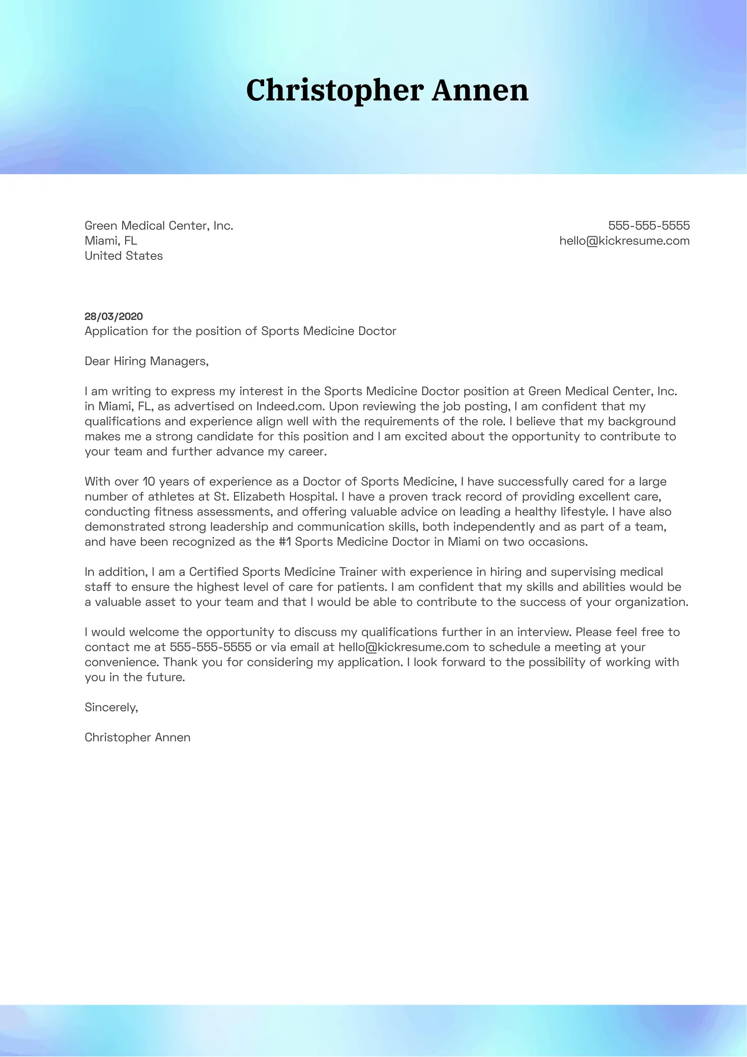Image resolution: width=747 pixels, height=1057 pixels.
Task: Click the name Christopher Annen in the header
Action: point(387,90)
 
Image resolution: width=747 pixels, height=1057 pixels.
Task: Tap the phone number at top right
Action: point(649,226)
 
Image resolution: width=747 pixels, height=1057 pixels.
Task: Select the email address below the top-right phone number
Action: point(624,241)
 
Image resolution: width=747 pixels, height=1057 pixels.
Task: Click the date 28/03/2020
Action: point(113,316)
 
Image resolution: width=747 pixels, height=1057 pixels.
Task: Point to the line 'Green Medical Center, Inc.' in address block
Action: point(159,226)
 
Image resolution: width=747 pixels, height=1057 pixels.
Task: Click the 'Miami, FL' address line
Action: point(110,241)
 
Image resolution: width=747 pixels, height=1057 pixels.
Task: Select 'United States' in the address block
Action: point(124,256)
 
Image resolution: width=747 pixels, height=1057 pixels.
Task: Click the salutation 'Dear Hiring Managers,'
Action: point(147,361)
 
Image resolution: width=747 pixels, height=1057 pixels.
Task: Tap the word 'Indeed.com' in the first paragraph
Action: point(289,406)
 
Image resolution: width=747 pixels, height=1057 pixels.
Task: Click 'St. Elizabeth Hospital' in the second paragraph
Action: point(274,496)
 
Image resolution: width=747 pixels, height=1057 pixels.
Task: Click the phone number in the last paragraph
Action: point(210,647)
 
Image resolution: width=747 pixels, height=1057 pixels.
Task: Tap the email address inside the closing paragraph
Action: point(403,647)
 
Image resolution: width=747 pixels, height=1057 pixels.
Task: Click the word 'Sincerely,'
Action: point(111,707)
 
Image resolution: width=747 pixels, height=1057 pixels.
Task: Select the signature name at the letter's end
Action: point(137,737)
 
